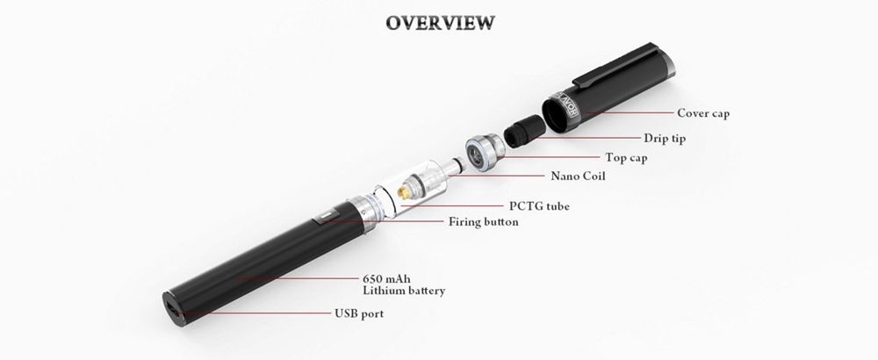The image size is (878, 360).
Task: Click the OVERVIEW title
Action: click(x=439, y=21)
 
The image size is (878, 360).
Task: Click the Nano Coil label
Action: click(x=579, y=176)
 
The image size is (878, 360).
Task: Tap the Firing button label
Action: click(x=483, y=222)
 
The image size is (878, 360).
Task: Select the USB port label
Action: click(x=358, y=313)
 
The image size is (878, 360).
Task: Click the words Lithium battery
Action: click(x=404, y=291)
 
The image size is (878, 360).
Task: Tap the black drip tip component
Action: click(x=519, y=131)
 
